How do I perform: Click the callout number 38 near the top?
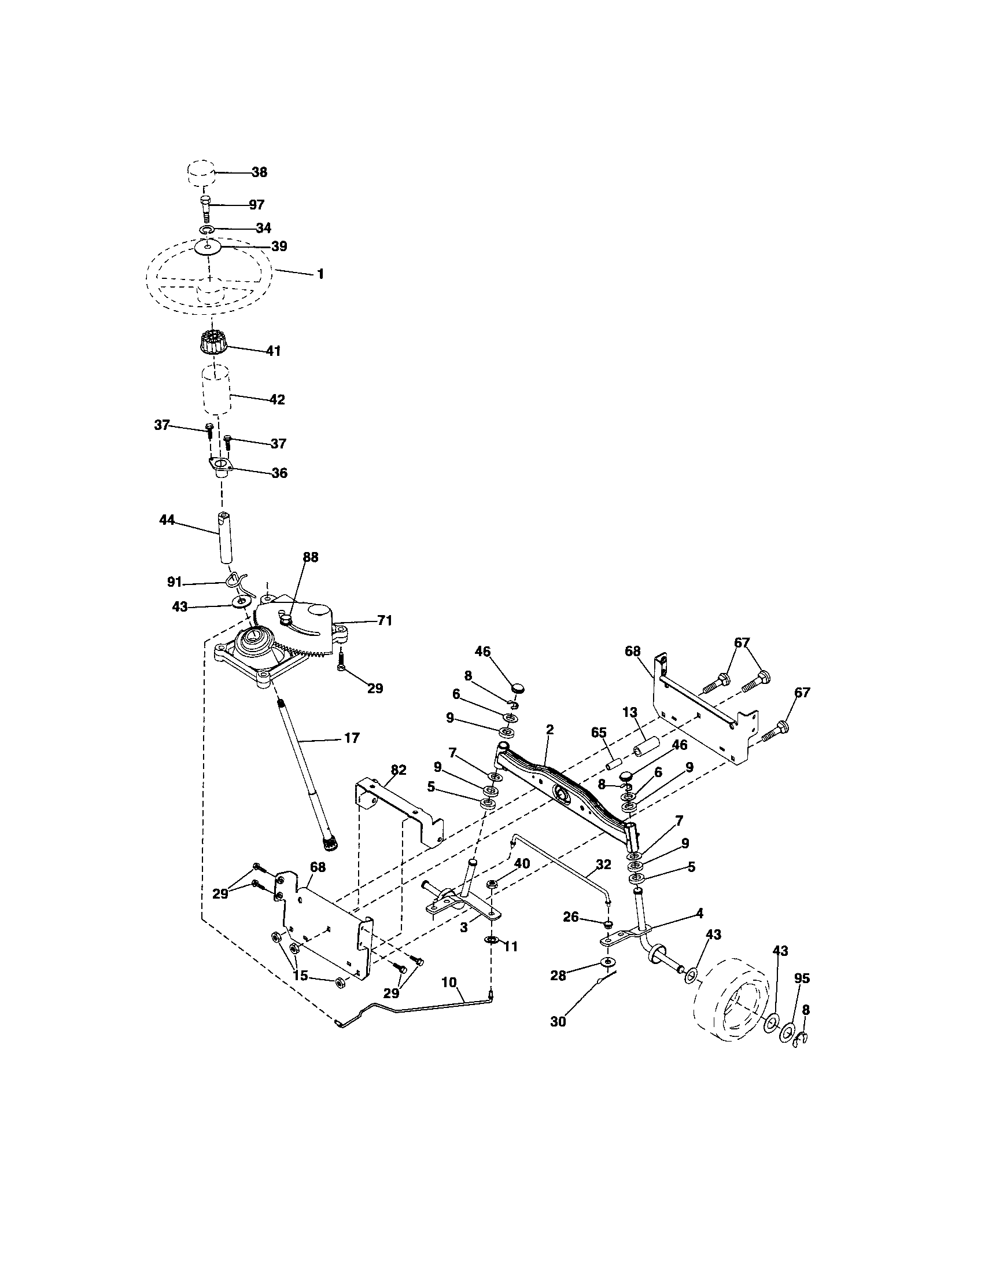click(x=259, y=172)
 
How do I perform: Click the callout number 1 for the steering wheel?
click(x=320, y=273)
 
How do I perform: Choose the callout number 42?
click(x=276, y=400)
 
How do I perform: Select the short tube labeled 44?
click(x=224, y=537)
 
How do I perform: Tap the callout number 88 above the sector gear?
click(x=311, y=557)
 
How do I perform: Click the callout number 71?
click(x=384, y=621)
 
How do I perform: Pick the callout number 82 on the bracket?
click(x=398, y=770)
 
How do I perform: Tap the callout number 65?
click(x=598, y=733)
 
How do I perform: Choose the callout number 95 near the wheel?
click(x=802, y=978)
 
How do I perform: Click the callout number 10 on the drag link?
click(x=448, y=982)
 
